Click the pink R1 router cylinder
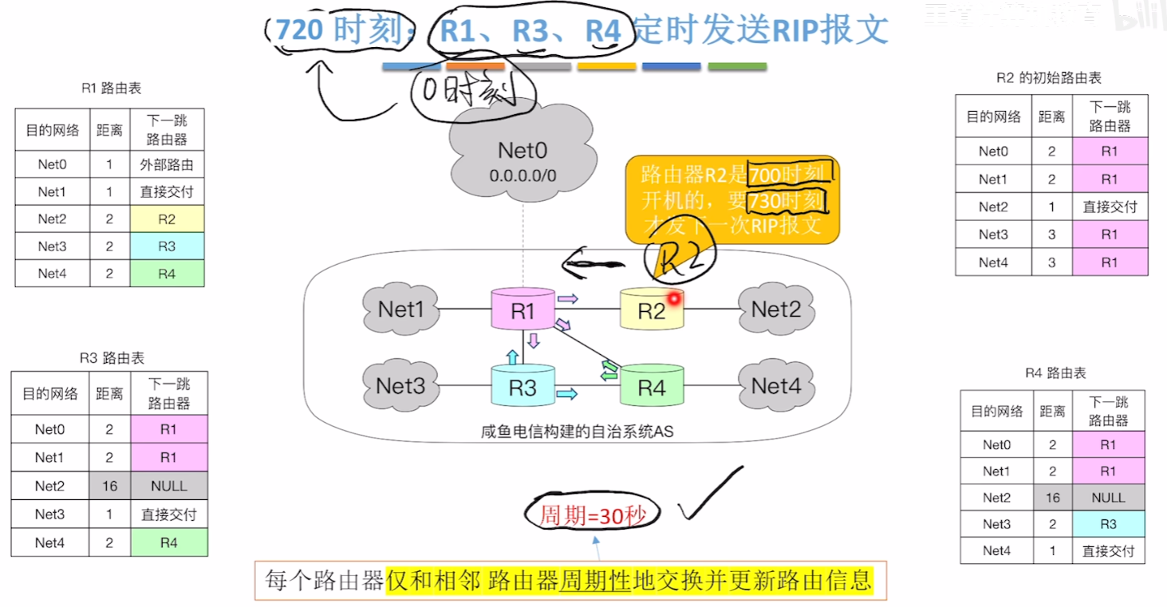pos(522,309)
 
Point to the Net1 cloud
pos(400,309)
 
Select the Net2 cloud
pos(776,309)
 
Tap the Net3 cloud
pos(400,386)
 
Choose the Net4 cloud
pos(776,386)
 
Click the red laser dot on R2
pos(674,298)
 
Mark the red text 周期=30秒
pos(592,516)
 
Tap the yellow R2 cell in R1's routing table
pos(167,219)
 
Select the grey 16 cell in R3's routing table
pos(109,486)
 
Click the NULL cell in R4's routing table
pos(1108,498)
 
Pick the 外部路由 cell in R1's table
pos(167,165)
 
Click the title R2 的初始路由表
pos(1049,77)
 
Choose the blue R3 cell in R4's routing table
pos(1108,524)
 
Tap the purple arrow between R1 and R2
pos(568,298)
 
